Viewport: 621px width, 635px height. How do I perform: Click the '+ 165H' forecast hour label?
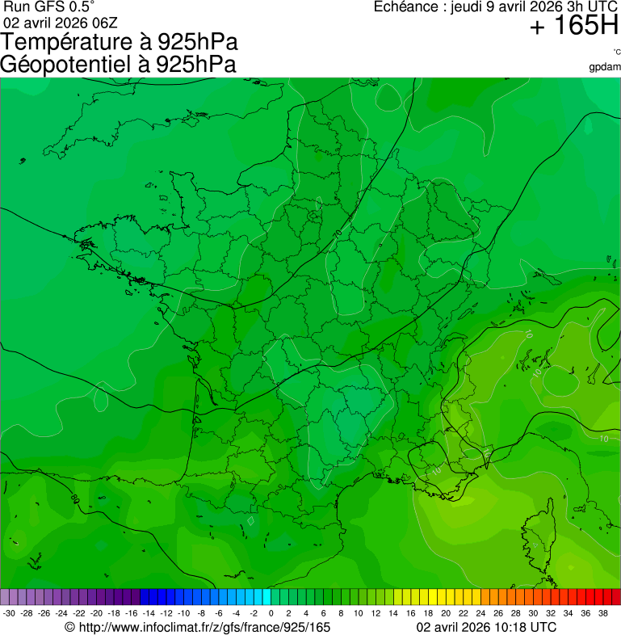(x=573, y=27)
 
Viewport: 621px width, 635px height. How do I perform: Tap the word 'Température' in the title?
(x=69, y=42)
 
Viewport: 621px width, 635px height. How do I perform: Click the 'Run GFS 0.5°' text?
(x=48, y=7)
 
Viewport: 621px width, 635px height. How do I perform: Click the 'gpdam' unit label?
(x=605, y=67)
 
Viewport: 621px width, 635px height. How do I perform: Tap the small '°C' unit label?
(x=615, y=53)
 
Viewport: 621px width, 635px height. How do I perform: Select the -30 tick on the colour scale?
(x=10, y=613)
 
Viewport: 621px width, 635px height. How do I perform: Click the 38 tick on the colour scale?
(x=602, y=613)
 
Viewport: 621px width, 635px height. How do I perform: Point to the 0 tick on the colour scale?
(x=271, y=613)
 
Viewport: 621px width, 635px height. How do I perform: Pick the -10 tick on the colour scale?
(x=183, y=613)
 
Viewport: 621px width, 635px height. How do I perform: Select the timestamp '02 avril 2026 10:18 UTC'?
(x=486, y=627)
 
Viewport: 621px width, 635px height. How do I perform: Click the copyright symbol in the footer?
(x=69, y=627)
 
